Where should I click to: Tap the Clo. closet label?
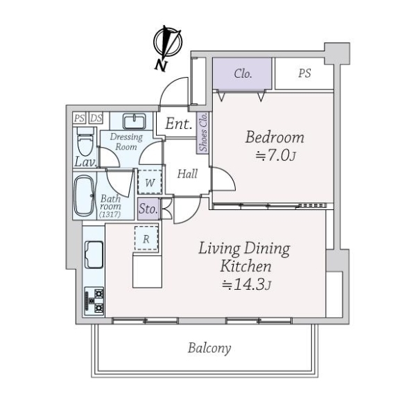coord(243,73)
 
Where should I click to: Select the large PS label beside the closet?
coord(304,73)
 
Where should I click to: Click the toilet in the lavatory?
coord(85,141)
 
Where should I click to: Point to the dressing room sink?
coord(135,121)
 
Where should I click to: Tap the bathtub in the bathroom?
coord(85,196)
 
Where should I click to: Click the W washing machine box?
coord(150,182)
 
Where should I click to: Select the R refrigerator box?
coord(146,239)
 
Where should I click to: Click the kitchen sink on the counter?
coord(94,254)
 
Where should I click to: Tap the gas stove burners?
coord(94,301)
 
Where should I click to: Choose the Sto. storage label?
coord(148,209)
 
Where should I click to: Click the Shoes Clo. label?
coord(203,132)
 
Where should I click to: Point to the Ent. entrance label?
coord(179,123)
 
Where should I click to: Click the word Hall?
coord(187,174)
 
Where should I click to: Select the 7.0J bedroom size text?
coord(275,156)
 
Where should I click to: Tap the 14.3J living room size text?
coord(246,284)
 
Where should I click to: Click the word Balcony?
coord(209,348)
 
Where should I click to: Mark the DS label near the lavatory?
coord(96,118)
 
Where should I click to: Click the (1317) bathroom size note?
coord(110,214)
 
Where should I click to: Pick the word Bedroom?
coord(275,137)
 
